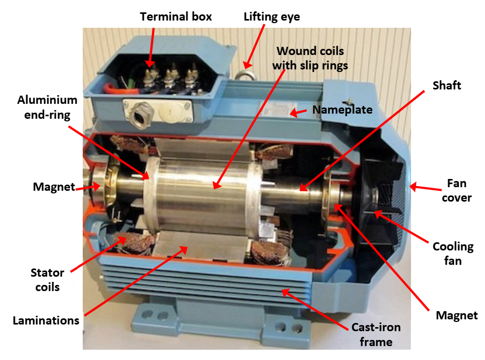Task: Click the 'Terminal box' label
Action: click(x=176, y=17)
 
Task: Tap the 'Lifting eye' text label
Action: click(x=272, y=17)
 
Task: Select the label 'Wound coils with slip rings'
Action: click(x=310, y=58)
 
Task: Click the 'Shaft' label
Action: click(x=447, y=85)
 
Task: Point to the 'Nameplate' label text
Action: click(x=342, y=110)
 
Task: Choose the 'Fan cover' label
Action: click(x=456, y=190)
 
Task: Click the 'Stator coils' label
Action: click(x=47, y=280)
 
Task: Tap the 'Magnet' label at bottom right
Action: click(x=456, y=315)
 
